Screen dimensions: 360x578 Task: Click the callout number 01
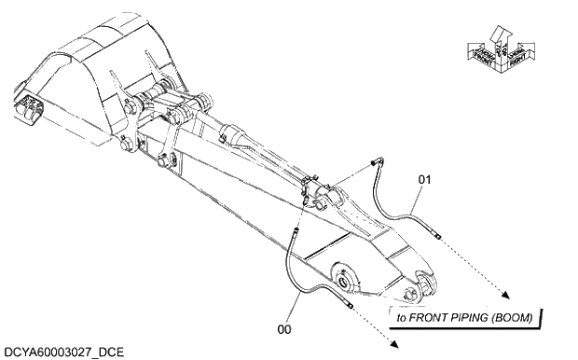click(423, 177)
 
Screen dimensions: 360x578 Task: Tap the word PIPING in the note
click(474, 318)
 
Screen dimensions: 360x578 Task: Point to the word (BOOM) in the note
click(515, 318)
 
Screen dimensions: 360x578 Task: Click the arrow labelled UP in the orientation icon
click(502, 37)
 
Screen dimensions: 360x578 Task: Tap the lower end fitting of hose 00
click(351, 305)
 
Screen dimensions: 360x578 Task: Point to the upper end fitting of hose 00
click(295, 228)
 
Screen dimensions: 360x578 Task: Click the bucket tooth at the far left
click(28, 110)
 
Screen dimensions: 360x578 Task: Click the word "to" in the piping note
click(402, 318)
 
